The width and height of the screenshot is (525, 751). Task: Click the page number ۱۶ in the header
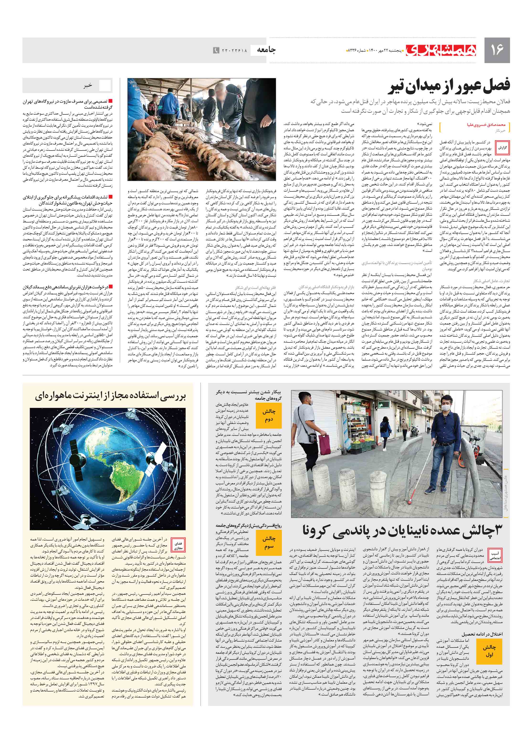496,50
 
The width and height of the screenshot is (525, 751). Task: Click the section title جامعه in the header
266,50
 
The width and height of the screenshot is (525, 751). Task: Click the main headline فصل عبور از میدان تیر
449,86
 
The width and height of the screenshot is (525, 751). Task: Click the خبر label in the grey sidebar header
88,86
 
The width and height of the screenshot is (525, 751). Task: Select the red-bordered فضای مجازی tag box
178,546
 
